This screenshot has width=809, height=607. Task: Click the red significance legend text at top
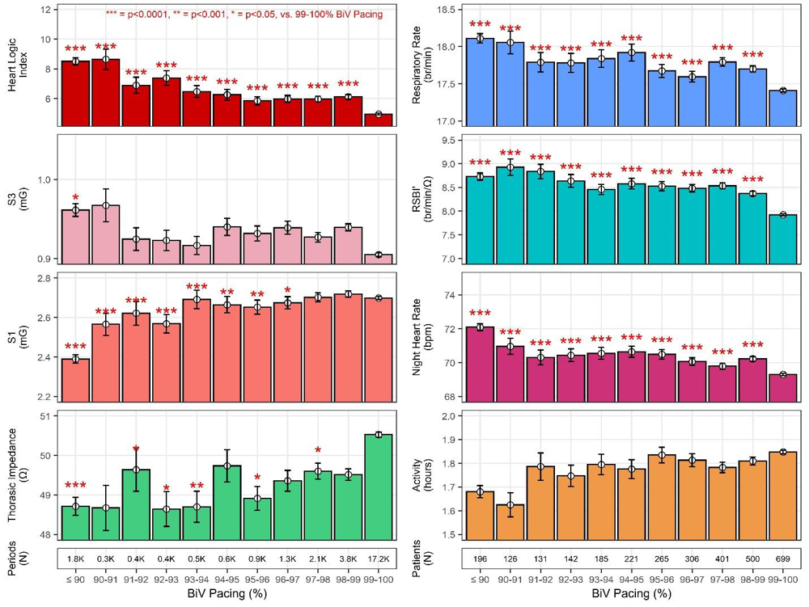[x=244, y=15]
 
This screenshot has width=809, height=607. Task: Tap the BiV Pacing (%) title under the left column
[x=227, y=595]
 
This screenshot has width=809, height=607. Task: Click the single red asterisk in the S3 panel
[x=75, y=198]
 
